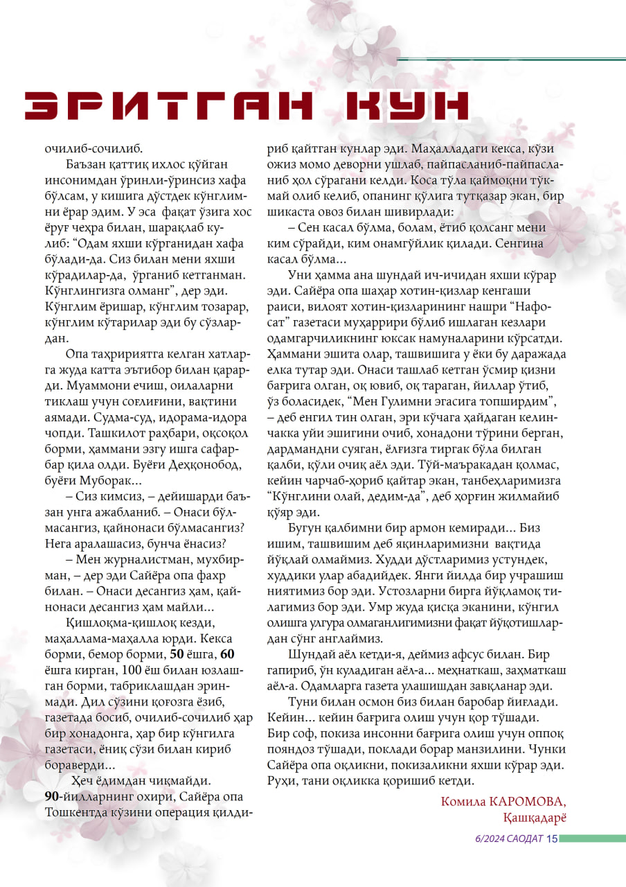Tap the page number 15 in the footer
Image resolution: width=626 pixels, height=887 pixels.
click(x=552, y=839)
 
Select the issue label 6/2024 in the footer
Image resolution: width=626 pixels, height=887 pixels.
click(x=488, y=839)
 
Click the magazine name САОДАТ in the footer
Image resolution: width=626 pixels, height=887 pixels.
click(x=524, y=839)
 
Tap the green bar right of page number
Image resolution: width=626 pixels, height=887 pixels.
click(x=592, y=839)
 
